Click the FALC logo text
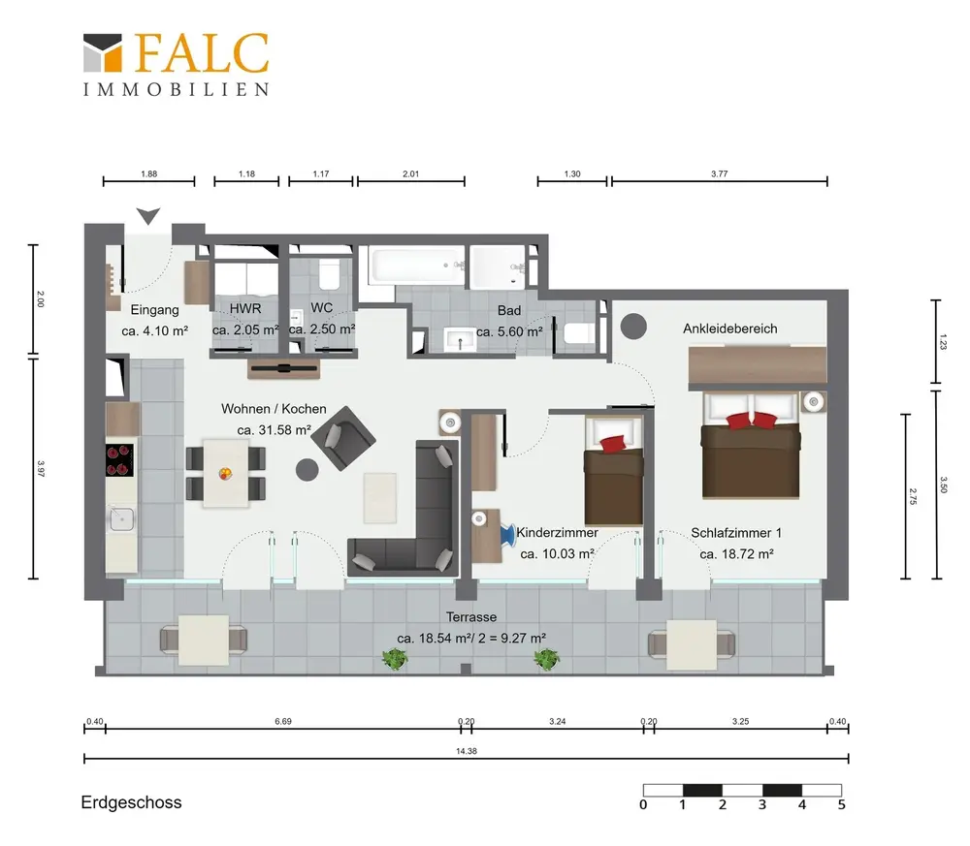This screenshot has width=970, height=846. click(x=201, y=53)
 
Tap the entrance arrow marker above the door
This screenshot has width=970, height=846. click(x=148, y=216)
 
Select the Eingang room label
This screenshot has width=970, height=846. click(x=154, y=309)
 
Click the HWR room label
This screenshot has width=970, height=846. click(x=245, y=308)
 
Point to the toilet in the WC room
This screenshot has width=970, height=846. click(x=329, y=273)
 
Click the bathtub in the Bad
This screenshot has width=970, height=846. click(x=416, y=266)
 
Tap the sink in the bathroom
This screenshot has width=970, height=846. click(x=460, y=339)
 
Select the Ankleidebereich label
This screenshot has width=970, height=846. click(x=730, y=329)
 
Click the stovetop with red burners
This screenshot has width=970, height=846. click(x=119, y=460)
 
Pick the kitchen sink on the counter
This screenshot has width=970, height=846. click(x=122, y=519)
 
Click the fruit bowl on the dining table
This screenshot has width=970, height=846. click(x=226, y=474)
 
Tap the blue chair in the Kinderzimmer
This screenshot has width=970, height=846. click(x=507, y=535)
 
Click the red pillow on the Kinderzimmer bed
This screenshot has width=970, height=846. click(x=612, y=443)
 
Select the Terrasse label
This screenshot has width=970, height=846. click(x=471, y=617)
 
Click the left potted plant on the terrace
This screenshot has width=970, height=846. click(x=394, y=659)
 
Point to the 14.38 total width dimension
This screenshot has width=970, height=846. click(x=467, y=751)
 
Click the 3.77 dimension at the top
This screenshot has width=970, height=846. click(x=720, y=173)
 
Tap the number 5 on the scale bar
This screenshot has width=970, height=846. click(x=841, y=804)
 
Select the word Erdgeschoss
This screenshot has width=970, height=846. click(x=131, y=802)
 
